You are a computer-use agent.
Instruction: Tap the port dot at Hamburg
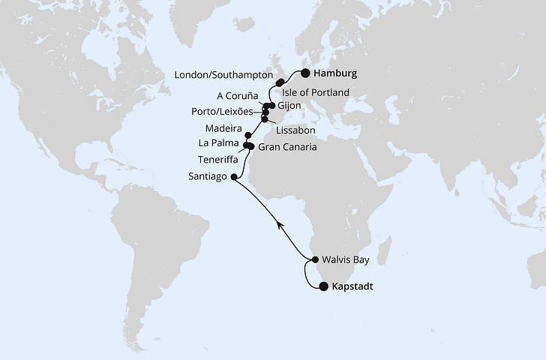[x=305, y=73]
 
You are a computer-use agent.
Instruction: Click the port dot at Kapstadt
[x=322, y=286]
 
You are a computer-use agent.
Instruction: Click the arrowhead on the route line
[x=279, y=223]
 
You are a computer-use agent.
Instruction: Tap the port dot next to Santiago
[x=233, y=178]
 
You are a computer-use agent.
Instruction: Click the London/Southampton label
[x=222, y=75]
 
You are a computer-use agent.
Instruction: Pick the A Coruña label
[x=238, y=97]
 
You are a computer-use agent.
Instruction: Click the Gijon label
[x=289, y=106]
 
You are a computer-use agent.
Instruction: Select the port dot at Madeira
[x=247, y=135]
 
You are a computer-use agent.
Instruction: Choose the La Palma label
[x=219, y=142]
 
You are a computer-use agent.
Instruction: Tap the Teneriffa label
[x=217, y=160]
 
